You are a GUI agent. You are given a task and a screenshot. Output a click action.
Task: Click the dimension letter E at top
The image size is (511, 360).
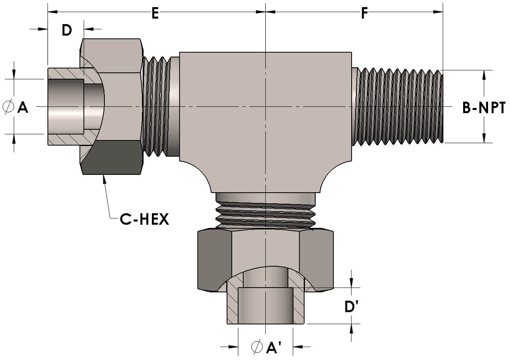(x=155, y=13)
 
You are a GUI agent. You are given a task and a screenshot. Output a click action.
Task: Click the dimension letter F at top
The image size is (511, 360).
(x=364, y=13)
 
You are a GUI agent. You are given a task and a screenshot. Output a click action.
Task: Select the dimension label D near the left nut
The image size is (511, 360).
(x=66, y=30)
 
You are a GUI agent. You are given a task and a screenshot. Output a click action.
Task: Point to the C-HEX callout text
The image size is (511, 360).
(x=144, y=219)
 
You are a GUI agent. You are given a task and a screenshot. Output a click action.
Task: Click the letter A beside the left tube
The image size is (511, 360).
(x=23, y=107)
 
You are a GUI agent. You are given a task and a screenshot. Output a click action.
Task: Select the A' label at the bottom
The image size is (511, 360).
(x=274, y=347)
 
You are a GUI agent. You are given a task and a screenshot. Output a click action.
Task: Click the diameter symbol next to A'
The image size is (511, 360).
(x=257, y=347)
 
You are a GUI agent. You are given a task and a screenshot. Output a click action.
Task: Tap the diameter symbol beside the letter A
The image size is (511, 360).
(x=8, y=107)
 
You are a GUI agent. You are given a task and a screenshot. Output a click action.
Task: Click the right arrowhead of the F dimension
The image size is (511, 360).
(x=438, y=12)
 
